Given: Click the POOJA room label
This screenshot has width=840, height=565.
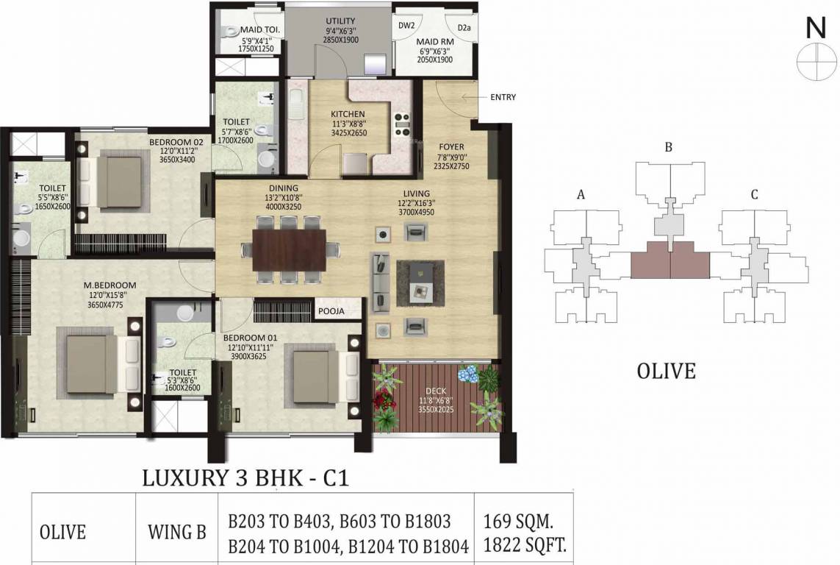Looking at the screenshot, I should [331, 311].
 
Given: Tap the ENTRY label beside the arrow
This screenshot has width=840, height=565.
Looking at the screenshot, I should [503, 97].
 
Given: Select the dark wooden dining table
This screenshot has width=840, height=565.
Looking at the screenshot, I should [290, 250].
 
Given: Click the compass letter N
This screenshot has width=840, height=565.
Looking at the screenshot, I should [815, 27].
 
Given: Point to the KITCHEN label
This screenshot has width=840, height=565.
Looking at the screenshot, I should [348, 114].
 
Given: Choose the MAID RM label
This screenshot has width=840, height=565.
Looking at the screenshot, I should [436, 42].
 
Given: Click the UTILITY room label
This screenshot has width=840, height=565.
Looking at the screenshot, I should [340, 21].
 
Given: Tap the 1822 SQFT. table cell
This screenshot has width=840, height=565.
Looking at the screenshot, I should [524, 545].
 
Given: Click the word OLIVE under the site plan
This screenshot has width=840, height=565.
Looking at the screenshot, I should [666, 371].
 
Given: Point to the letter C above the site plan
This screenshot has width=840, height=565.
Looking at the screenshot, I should [754, 194].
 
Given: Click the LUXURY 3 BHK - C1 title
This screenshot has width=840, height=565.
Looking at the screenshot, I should [244, 479].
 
